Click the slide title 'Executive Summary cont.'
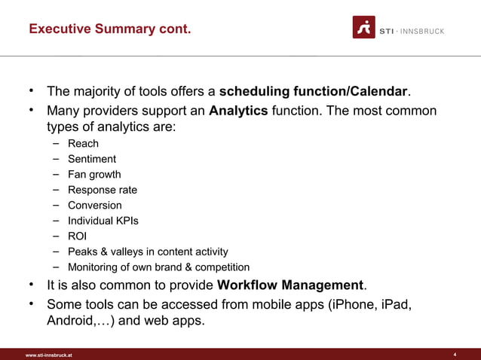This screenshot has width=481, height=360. click(109, 29)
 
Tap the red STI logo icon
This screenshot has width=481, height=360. click(364, 27)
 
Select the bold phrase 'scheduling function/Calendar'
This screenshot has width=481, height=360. click(313, 92)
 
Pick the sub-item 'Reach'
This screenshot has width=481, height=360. click(83, 143)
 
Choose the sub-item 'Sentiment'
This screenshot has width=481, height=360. click(92, 159)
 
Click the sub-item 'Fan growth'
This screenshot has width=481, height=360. click(94, 174)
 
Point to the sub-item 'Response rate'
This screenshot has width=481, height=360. click(103, 190)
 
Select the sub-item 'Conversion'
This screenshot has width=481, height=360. click(94, 205)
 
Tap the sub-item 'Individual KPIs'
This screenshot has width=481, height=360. click(103, 221)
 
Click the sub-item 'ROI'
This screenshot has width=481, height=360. click(78, 236)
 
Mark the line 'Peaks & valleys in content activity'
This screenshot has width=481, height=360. click(148, 252)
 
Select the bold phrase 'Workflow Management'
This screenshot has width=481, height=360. click(290, 285)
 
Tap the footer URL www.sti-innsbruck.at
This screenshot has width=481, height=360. click(49, 355)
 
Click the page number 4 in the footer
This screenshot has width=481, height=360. click(455, 354)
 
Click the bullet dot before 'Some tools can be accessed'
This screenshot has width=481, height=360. click(32, 304)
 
